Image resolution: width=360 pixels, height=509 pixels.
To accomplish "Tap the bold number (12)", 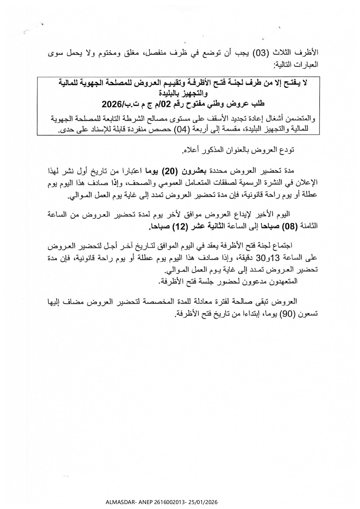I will tap(179, 226).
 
